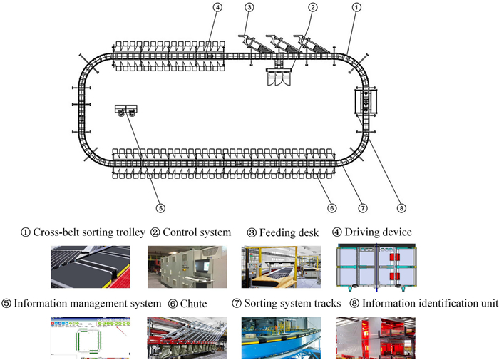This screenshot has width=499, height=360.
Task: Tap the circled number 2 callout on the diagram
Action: pyautogui.click(x=312, y=8)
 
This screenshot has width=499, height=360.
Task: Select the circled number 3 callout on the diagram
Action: pyautogui.click(x=249, y=8)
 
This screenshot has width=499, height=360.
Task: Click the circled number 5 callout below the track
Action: pyautogui.click(x=161, y=208)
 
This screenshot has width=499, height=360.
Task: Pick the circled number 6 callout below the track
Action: pyautogui.click(x=331, y=208)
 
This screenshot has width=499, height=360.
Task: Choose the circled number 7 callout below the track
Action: pyautogui.click(x=363, y=208)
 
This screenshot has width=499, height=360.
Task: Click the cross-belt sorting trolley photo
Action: pyautogui.click(x=90, y=267)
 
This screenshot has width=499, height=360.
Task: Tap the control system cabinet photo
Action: pyautogui.click(x=187, y=267)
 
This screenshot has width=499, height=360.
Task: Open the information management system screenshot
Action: pyautogui.click(x=90, y=336)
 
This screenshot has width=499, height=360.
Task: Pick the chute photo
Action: pyautogui.click(x=187, y=336)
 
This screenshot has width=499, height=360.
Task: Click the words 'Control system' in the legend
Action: pyautogui.click(x=197, y=232)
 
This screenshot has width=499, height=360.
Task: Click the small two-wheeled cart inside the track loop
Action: pyautogui.click(x=126, y=110)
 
